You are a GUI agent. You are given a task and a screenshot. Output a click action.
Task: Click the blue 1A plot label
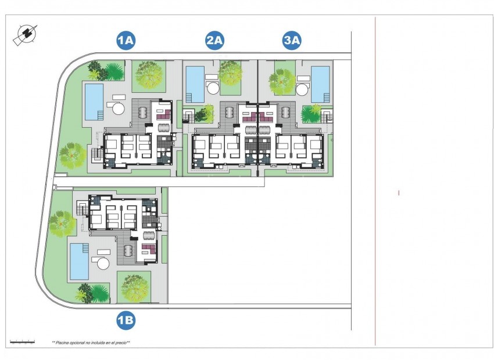pos(126,41)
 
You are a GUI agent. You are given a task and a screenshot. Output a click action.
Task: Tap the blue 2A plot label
pos(214,41)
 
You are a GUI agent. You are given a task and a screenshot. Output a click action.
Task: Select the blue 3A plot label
pos(292,41)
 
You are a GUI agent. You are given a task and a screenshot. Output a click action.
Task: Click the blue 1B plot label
pos(126,319)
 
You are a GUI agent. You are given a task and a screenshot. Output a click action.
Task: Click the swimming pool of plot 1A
pos(94,102)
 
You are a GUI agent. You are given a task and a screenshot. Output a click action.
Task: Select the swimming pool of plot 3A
pos(320,83)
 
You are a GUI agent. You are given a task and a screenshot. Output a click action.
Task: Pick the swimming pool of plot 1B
pos(79,261)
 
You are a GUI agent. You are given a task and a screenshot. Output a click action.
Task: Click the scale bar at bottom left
pos(23,342)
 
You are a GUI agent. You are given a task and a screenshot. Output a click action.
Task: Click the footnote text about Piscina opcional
pos(91,343)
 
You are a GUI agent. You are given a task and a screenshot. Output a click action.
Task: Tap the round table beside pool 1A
pos(118,109)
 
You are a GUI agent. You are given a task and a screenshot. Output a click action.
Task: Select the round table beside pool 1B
pos(103,264)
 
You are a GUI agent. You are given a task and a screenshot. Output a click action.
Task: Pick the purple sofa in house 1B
pos(147,252)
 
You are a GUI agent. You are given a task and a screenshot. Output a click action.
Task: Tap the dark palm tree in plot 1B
pos(97,293)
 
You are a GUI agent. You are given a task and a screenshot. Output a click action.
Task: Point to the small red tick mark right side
pos(399,192)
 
